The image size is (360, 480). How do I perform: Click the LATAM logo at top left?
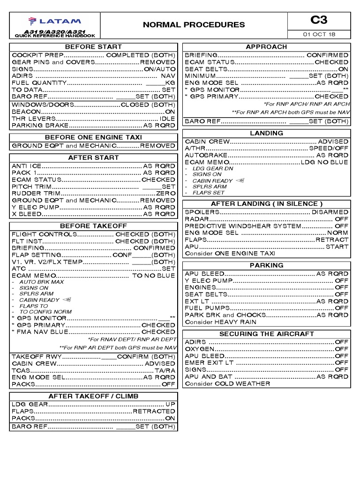coord(54,21)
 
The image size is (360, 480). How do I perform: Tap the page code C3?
coord(319,20)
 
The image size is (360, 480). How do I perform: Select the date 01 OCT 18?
coord(319,35)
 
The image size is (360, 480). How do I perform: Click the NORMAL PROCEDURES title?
coord(194,25)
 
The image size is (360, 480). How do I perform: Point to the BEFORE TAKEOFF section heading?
coord(93,226)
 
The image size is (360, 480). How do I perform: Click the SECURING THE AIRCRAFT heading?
coord(267,334)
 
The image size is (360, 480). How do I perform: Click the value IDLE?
coord(167,119)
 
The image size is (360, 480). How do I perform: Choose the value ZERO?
coord(165,193)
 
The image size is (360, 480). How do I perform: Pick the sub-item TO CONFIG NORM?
coord(45,312)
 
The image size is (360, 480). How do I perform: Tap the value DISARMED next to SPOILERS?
coord(330,212)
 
